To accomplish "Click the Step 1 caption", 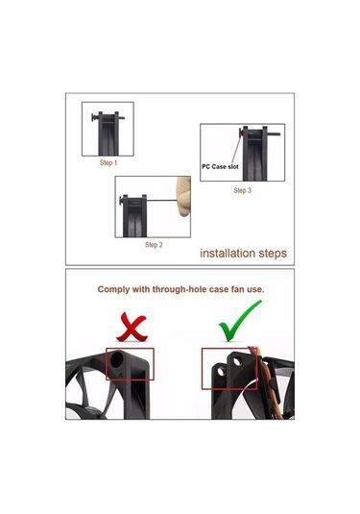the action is pyautogui.click(x=108, y=162).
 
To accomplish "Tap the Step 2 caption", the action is pyautogui.click(x=154, y=245).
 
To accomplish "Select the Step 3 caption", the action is pyautogui.click(x=243, y=190).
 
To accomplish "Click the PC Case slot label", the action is pyautogui.click(x=220, y=166).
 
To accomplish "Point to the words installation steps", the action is pyautogui.click(x=244, y=253).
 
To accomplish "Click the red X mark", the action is pyautogui.click(x=132, y=327).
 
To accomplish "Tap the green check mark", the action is pyautogui.click(x=240, y=320).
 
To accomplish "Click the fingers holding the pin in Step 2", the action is pyautogui.click(x=183, y=196).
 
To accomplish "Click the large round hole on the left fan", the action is pyautogui.click(x=117, y=359).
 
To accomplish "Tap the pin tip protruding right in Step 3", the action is pyautogui.click(x=274, y=134).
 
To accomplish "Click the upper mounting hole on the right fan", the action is pyautogui.click(x=237, y=361).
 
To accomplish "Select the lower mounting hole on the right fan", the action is pyautogui.click(x=221, y=372).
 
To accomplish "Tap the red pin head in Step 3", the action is pyautogui.click(x=241, y=133).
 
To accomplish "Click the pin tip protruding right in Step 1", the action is pyautogui.click(x=122, y=117).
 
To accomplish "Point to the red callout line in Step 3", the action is pyautogui.click(x=236, y=151).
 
